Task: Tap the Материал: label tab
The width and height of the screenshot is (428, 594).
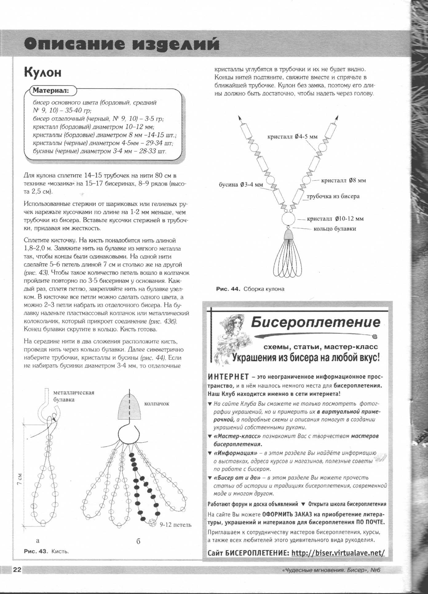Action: [x=51, y=91]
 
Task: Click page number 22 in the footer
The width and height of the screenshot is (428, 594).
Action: [x=17, y=570]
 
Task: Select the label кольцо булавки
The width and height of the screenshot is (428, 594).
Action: [x=335, y=229]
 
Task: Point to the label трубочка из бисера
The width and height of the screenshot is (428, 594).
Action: [x=333, y=196]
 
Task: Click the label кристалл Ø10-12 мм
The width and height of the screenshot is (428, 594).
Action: [x=335, y=219]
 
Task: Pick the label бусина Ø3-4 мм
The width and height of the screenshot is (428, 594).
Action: [x=241, y=184]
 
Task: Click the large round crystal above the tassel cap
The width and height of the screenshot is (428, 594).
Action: [x=288, y=219]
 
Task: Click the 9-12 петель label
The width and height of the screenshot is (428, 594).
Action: [x=175, y=525]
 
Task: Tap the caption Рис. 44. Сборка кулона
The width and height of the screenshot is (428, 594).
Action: [x=250, y=289]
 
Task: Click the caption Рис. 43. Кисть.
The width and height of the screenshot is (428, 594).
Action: [x=46, y=552]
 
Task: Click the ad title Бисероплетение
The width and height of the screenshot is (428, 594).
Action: [x=315, y=322]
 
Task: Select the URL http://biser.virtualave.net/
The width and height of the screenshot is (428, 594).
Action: [x=338, y=553]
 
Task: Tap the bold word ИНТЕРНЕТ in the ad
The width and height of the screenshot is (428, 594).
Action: [x=228, y=377]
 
